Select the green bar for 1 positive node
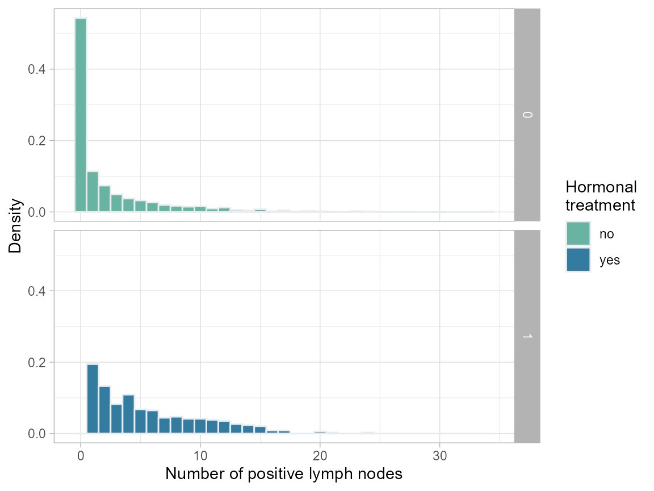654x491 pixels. (93, 192)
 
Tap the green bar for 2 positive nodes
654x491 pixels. (104, 199)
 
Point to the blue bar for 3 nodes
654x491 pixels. (116, 419)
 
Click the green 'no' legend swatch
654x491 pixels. (578, 233)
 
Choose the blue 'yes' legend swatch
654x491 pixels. (578, 260)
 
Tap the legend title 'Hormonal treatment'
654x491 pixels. (601, 196)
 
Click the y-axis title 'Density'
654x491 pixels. (15, 225)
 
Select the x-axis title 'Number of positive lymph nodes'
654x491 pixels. (284, 474)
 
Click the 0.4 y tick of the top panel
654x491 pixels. (37, 69)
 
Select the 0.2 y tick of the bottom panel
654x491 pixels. (37, 362)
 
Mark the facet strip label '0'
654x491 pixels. (527, 115)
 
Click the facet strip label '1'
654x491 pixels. (527, 337)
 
